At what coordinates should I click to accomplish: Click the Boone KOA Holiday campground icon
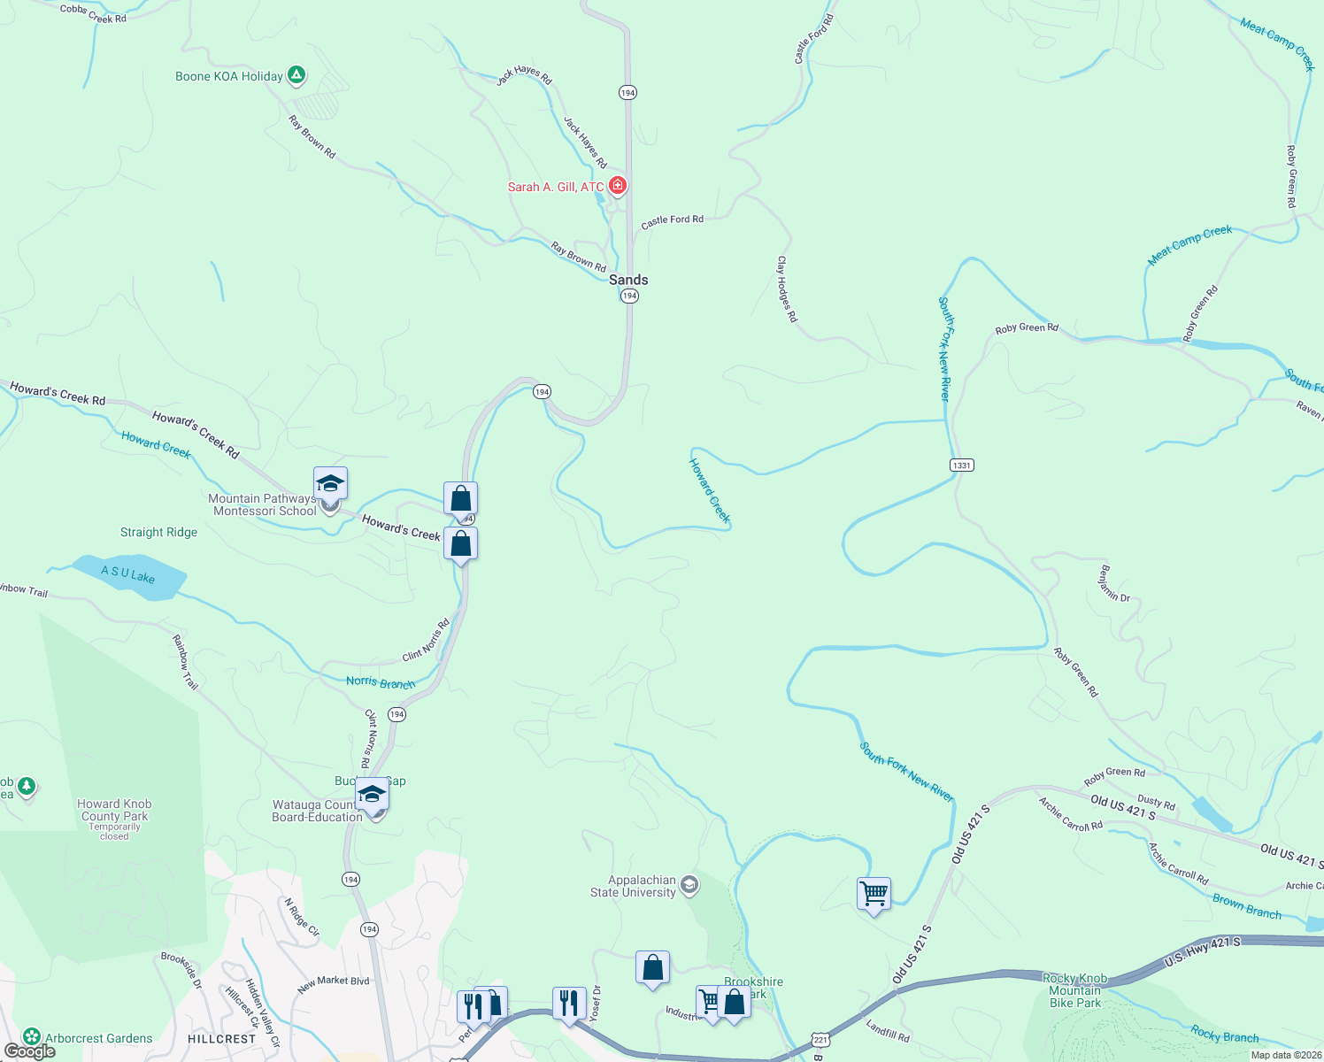pos(296,76)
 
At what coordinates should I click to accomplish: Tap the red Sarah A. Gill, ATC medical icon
pos(618,186)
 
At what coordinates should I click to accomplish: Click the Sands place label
pos(628,280)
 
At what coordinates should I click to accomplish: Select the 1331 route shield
pos(961,466)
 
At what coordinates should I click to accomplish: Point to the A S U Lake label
pos(127,574)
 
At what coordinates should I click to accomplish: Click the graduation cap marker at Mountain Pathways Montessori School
pos(330,485)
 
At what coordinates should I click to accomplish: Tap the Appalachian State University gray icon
pos(689,885)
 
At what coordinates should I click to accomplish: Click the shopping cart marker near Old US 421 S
pos(874,894)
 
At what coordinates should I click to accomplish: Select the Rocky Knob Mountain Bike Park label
pos(1074,991)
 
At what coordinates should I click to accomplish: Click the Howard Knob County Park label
pos(114,811)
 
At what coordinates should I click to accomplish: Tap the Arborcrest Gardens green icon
pos(32,1036)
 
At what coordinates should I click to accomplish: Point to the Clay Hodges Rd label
pos(787,289)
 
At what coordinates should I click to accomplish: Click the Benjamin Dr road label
pos(1114,583)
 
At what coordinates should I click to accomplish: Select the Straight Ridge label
pos(158,533)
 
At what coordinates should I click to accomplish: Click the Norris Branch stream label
pos(380,682)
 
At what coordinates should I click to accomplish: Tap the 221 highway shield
pos(820,1039)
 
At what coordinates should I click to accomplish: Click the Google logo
pos(30,1051)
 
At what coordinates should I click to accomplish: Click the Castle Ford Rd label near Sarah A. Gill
pos(672,220)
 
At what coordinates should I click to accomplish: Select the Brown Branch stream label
pos(1246,907)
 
